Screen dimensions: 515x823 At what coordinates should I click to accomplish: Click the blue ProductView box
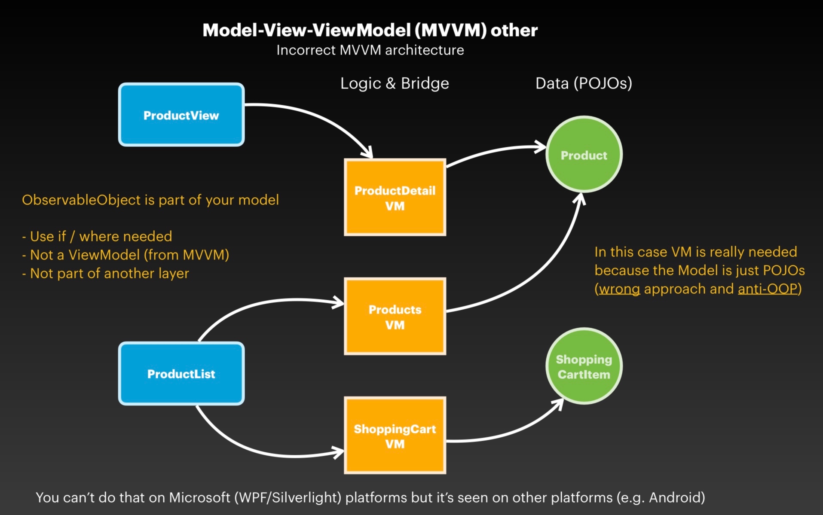click(x=181, y=115)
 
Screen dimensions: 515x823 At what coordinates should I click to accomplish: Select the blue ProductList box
click(x=181, y=373)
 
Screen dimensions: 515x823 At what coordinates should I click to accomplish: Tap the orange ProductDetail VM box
click(x=395, y=198)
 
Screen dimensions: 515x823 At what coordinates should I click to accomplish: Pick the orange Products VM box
click(x=395, y=317)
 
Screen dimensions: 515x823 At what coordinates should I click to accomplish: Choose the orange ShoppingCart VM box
click(x=395, y=436)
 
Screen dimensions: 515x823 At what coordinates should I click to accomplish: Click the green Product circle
click(x=584, y=155)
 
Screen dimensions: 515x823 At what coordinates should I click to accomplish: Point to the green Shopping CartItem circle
click(x=584, y=366)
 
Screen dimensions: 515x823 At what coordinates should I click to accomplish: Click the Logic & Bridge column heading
click(x=394, y=83)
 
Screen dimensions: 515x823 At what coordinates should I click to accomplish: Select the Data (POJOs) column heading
click(x=583, y=83)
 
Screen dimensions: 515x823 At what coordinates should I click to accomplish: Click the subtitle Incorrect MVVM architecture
click(x=370, y=50)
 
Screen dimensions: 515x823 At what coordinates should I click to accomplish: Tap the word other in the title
click(x=514, y=30)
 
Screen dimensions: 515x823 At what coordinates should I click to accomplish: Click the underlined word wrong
click(x=619, y=289)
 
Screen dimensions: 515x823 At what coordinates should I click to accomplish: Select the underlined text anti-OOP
click(x=768, y=289)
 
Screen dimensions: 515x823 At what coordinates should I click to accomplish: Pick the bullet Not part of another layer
click(x=106, y=273)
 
